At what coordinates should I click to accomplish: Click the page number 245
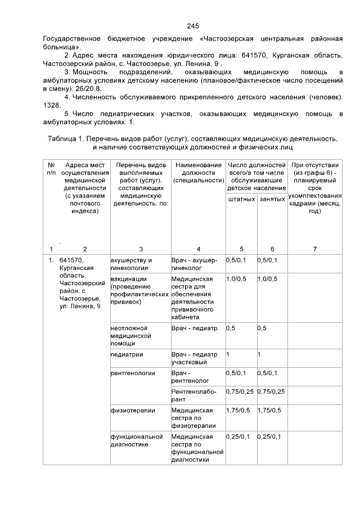[193, 26]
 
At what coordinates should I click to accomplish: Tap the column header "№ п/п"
[51, 169]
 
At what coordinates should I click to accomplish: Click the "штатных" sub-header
[241, 200]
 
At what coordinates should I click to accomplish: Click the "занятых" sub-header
[272, 200]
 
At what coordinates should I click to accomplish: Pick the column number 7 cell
[315, 249]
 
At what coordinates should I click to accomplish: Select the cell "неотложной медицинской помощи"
[129, 335]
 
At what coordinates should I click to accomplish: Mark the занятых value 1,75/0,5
[269, 411]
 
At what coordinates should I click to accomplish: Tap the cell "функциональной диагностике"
[130, 440]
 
